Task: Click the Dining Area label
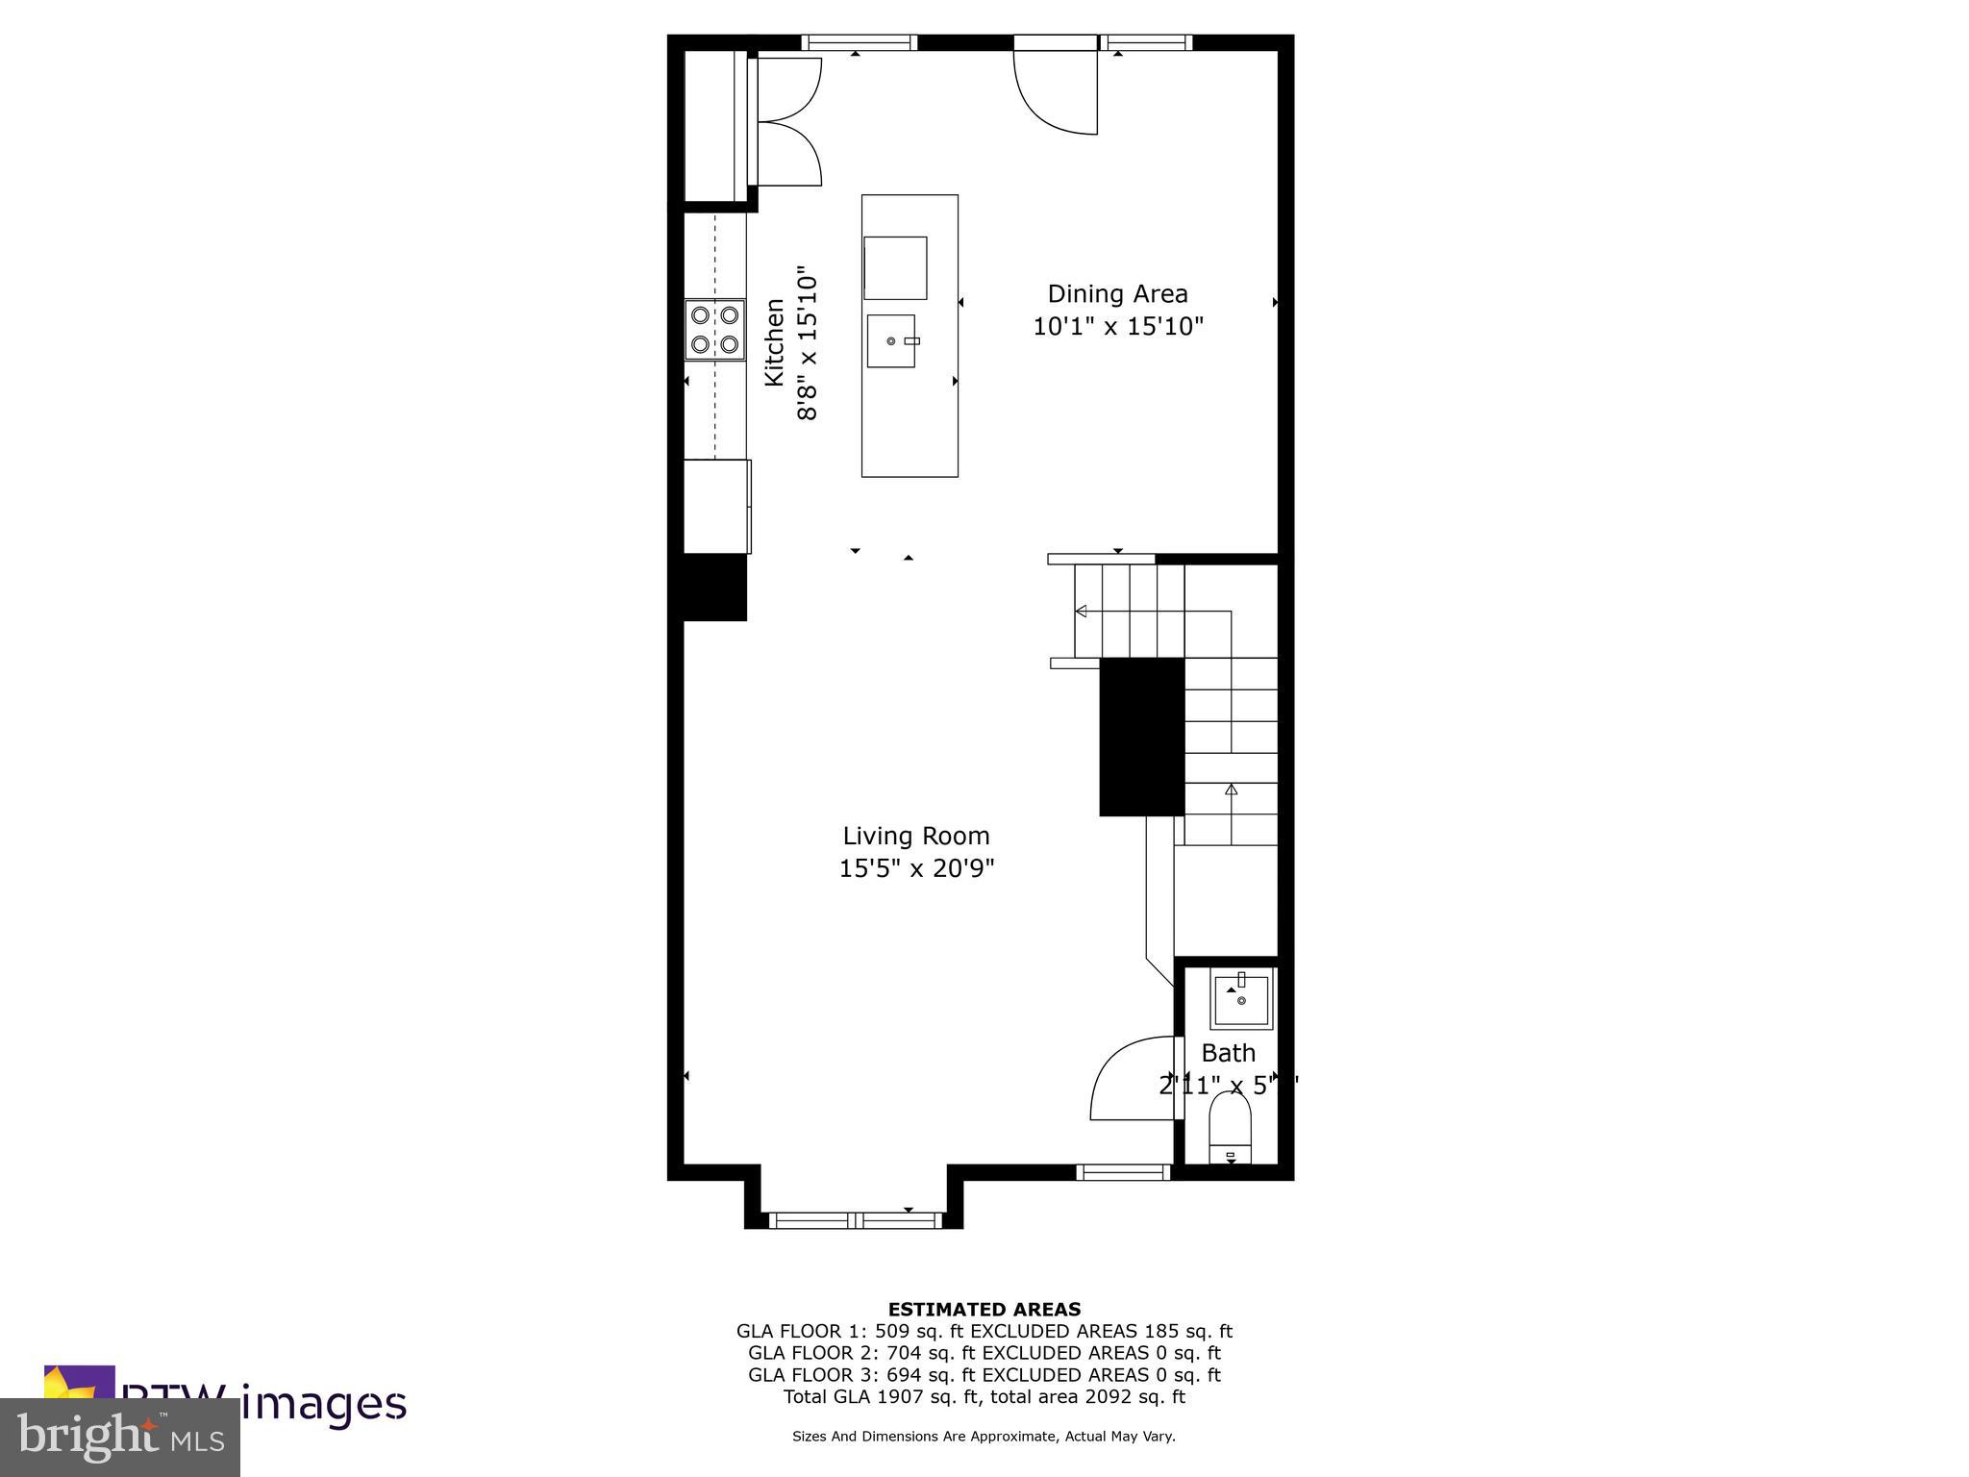coord(1117,294)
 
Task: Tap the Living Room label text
coord(916,837)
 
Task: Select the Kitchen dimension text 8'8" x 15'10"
coord(807,344)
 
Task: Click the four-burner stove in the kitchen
coord(714,330)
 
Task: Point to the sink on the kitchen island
coord(891,340)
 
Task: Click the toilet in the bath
coord(1231,1129)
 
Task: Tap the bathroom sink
coord(1241,1001)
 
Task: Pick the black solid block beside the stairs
coord(1141,737)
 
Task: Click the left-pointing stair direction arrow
coord(1082,611)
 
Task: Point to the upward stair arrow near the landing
coord(1231,789)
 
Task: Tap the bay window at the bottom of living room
coord(856,1219)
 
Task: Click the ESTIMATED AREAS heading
coord(984,1309)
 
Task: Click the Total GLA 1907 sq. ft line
coord(984,1397)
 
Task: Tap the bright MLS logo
coord(120,1438)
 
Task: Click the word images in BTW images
coord(323,1403)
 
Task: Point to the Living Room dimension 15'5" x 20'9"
coord(916,869)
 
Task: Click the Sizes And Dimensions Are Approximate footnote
coord(984,1437)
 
